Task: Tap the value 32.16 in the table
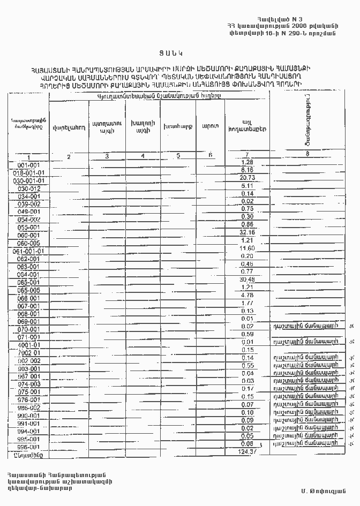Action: [247, 233]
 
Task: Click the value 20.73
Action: [247, 178]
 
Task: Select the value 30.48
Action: [247, 280]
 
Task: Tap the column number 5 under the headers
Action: [178, 155]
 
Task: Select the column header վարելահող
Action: [67, 127]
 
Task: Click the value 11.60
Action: [247, 248]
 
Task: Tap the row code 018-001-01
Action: [29, 173]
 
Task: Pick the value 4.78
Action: [247, 295]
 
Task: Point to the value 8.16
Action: [247, 170]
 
